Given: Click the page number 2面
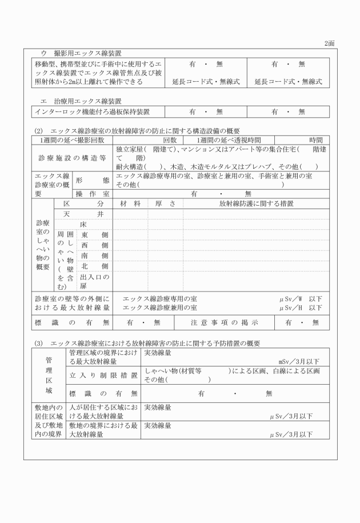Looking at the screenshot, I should pos(329,43).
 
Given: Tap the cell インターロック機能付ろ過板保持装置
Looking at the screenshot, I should pos(91,111).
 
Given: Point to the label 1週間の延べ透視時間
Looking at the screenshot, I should pos(229,140).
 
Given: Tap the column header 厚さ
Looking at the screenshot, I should pos(165,203).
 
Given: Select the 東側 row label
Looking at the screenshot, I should pos(94,235).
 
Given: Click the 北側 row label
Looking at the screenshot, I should pos(94,266).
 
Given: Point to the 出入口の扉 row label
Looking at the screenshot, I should pos(94,281).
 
